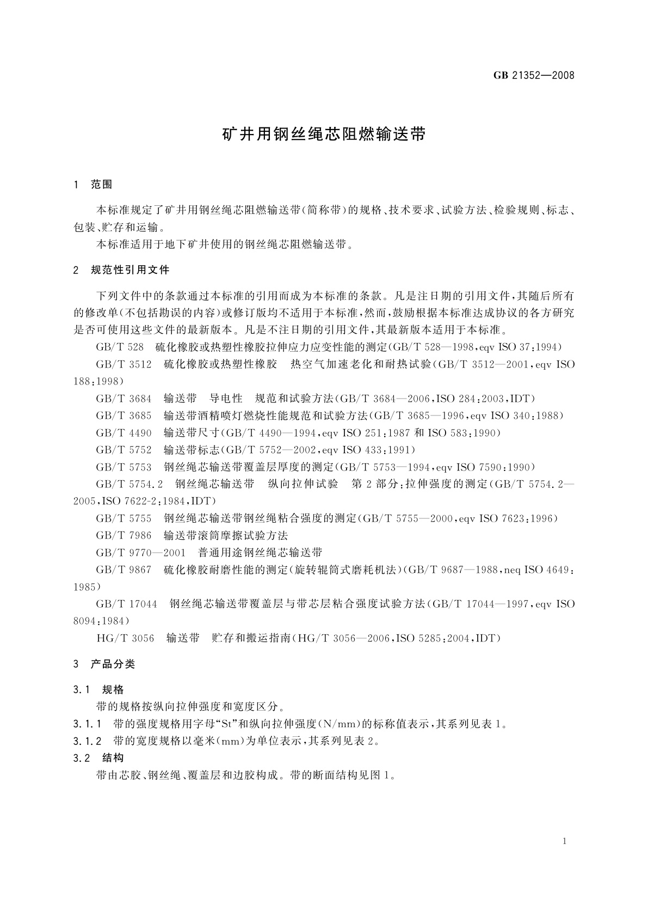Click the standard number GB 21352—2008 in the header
(534, 75)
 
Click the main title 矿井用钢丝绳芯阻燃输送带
(324, 135)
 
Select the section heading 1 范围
(93, 185)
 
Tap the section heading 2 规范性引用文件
(121, 270)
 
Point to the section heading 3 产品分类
(104, 664)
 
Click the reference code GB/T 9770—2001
(140, 553)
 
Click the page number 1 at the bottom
(565, 841)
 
